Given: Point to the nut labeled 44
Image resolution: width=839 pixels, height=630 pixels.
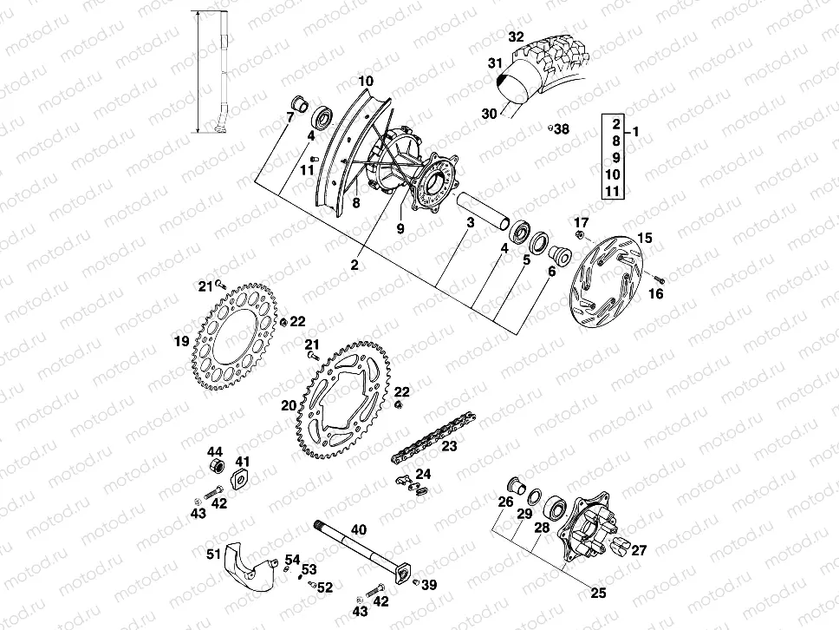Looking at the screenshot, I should (215, 469).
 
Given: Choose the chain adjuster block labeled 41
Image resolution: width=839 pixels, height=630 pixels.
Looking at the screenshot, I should (239, 476).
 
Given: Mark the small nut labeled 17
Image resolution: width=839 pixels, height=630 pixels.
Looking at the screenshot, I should (579, 234).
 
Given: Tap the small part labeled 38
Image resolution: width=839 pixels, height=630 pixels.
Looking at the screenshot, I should (550, 128).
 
